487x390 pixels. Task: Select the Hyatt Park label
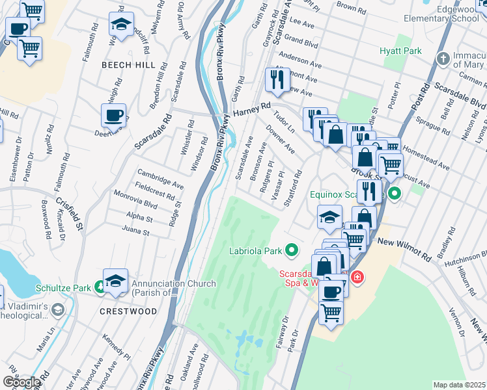point(400,51)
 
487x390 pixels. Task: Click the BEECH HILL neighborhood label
point(128,66)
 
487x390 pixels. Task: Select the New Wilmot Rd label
point(404,242)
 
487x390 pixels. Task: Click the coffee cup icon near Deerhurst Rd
point(113,116)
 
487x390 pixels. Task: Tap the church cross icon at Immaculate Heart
point(443,59)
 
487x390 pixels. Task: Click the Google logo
point(21,382)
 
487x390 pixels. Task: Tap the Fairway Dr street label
point(283,333)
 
